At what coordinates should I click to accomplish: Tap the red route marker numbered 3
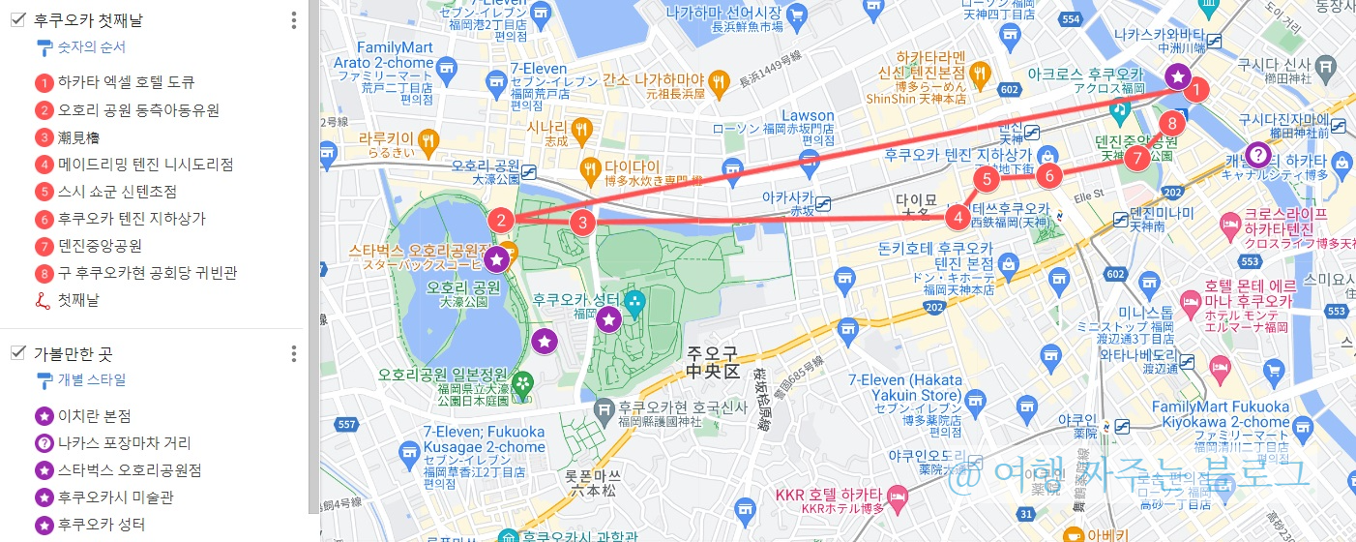581,222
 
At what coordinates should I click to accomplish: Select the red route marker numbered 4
958,217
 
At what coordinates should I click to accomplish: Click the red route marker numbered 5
986,178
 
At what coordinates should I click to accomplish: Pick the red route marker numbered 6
1048,175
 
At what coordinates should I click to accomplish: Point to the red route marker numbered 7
1136,157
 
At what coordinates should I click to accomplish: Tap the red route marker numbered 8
1171,123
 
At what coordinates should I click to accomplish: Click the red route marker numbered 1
1196,91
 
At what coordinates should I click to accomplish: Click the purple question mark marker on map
1256,154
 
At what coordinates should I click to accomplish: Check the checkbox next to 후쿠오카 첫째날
17,19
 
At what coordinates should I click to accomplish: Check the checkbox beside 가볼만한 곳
17,353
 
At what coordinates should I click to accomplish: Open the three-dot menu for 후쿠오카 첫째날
294,20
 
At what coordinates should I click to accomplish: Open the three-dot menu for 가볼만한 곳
294,354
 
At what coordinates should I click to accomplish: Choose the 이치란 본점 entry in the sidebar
94,416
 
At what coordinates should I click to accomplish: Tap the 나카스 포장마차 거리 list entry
124,443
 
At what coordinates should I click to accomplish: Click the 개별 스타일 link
91,380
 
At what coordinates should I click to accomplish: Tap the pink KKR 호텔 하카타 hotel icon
898,496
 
